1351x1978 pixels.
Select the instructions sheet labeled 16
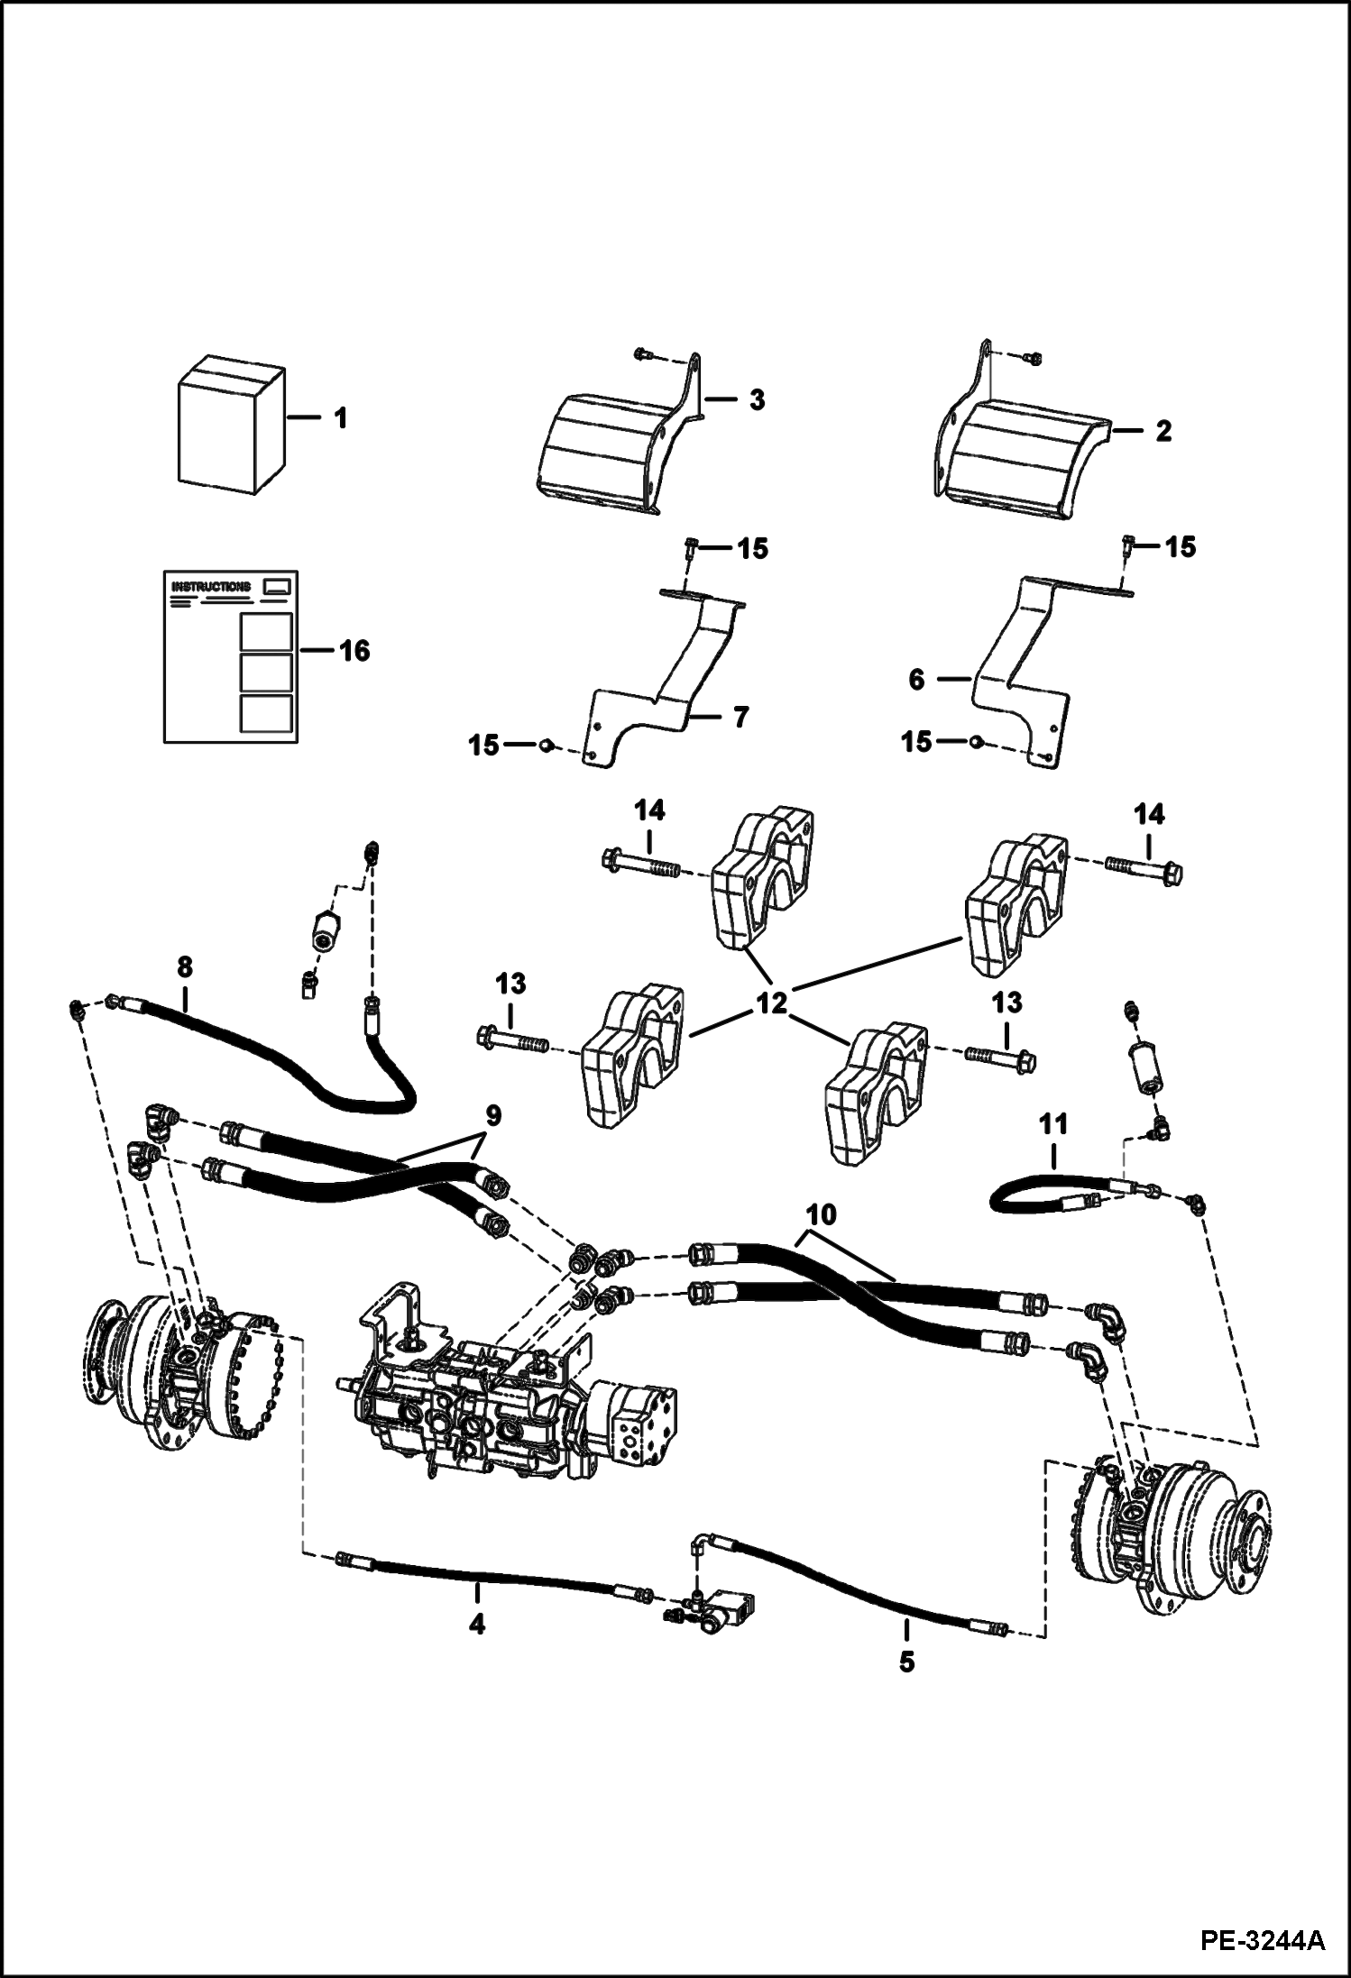coord(231,655)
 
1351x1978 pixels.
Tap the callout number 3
coord(756,400)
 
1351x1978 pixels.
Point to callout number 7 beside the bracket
coord(739,718)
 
